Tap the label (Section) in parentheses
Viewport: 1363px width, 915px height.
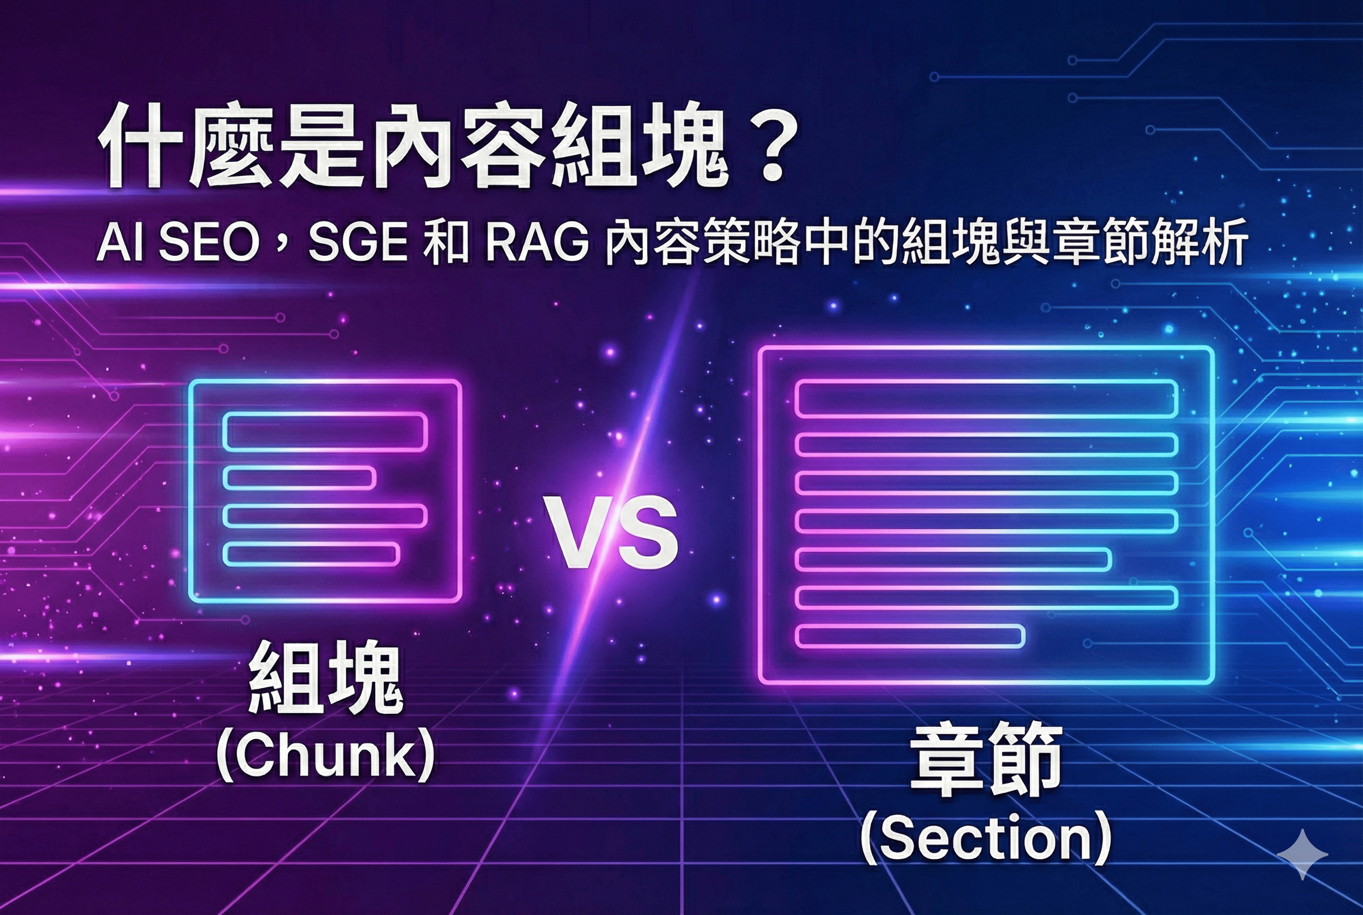tap(985, 838)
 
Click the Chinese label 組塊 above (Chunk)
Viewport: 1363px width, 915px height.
tap(326, 679)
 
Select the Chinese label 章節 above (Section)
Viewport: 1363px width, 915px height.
tap(985, 762)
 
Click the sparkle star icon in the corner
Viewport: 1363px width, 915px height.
tap(1303, 855)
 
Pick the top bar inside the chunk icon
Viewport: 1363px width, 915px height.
tap(325, 432)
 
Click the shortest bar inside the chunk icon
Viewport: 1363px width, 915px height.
tap(299, 478)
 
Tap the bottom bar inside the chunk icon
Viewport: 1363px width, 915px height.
tap(312, 555)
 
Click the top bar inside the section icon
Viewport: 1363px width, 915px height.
tap(986, 398)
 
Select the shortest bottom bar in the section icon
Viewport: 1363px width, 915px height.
tap(910, 636)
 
